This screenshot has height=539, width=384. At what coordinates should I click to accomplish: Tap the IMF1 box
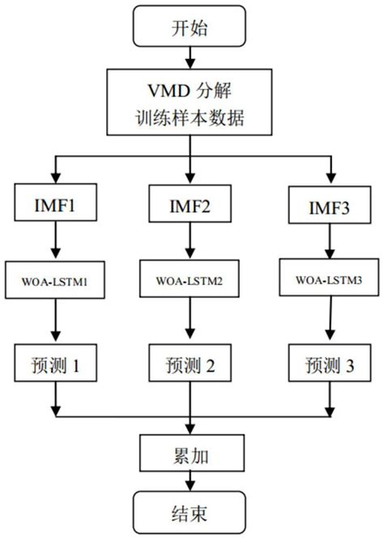pyautogui.click(x=54, y=202)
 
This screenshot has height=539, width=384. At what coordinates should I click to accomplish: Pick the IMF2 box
pyautogui.click(x=192, y=203)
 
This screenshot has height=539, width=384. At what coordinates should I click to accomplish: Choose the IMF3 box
pyautogui.click(x=328, y=203)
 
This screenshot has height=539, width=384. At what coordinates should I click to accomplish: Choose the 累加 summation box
pyautogui.click(x=192, y=452)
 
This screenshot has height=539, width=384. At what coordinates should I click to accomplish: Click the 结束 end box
pyautogui.click(x=192, y=511)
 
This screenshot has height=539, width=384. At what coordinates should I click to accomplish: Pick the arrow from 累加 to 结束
pyautogui.click(x=192, y=481)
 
